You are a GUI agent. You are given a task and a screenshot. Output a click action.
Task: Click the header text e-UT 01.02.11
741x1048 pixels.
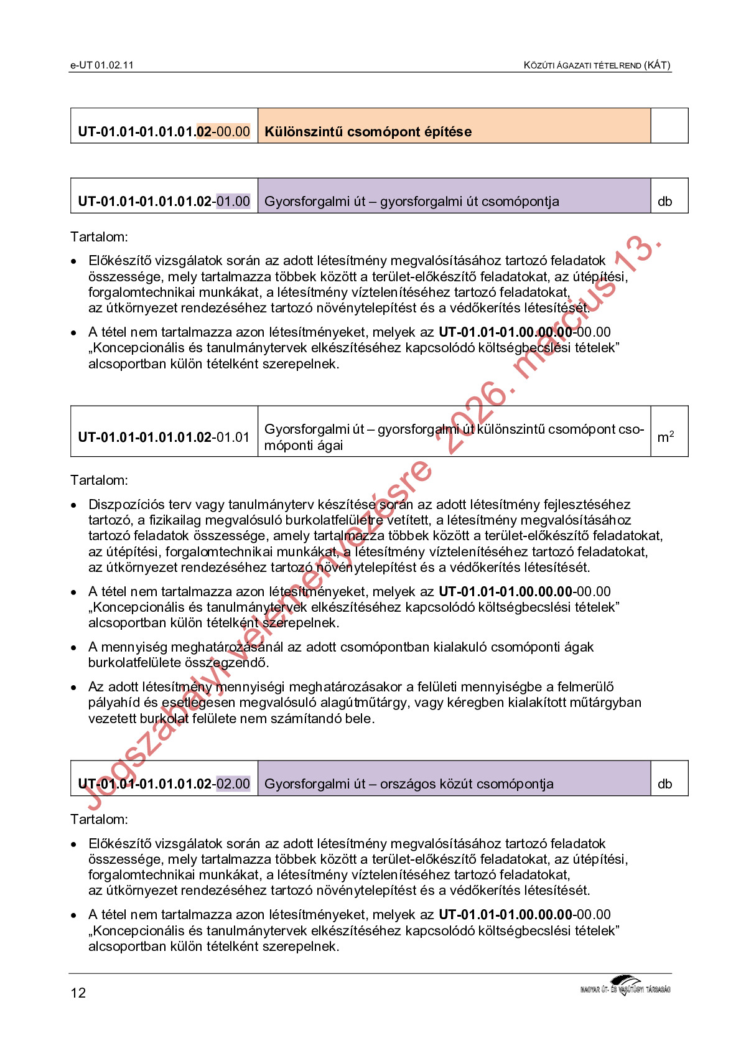coord(101,65)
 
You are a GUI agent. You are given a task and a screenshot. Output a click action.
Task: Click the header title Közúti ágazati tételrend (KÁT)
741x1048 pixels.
coord(597,65)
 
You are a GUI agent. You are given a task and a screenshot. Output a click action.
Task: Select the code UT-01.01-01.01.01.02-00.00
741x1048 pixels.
coord(164,131)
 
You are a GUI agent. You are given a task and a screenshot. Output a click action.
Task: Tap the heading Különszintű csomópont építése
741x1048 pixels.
coord(368,131)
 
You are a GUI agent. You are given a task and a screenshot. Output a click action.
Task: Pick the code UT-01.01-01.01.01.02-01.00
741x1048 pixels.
coord(164,201)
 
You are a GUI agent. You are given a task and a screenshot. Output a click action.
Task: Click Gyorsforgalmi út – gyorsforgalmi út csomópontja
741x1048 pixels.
coord(411,201)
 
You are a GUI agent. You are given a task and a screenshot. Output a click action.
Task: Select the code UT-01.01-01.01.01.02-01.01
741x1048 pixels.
coord(164,437)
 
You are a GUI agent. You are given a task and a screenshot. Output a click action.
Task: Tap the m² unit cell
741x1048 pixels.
coord(665,437)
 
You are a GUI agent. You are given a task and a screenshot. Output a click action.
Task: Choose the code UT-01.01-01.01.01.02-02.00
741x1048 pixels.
coord(164,784)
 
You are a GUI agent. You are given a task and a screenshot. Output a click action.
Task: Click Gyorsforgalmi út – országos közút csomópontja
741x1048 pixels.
coord(409,784)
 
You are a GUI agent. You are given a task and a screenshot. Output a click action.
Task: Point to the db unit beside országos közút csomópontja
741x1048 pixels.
coord(664,784)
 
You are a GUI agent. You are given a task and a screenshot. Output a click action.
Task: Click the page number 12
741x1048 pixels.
coord(78,993)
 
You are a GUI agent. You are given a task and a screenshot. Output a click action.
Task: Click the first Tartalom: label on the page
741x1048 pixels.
coord(99,236)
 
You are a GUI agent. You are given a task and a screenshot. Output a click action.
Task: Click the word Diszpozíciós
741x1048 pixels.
coord(129,504)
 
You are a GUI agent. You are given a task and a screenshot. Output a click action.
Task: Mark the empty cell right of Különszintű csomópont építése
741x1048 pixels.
coord(669,126)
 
